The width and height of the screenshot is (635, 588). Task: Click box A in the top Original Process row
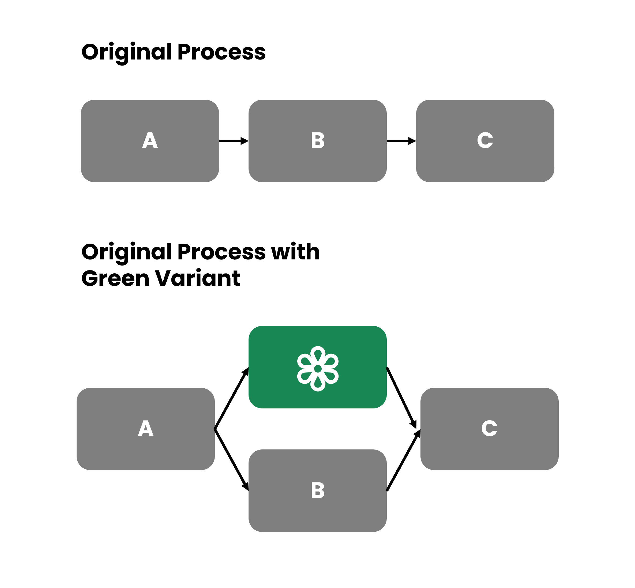(150, 141)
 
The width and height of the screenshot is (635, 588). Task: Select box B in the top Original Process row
(317, 141)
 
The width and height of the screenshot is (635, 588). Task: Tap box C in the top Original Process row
(485, 141)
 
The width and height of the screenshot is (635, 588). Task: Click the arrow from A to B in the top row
(233, 141)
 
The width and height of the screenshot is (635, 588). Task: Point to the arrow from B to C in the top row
(401, 141)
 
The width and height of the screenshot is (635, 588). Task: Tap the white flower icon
(318, 369)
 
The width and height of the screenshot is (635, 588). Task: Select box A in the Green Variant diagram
(146, 429)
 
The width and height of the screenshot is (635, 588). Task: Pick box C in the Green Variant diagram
(489, 429)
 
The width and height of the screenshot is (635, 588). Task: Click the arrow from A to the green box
(231, 398)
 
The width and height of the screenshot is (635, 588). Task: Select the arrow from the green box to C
(401, 398)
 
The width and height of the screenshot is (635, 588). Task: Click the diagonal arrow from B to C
(403, 460)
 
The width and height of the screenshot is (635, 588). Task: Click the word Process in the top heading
(221, 52)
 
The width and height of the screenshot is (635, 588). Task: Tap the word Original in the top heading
(127, 53)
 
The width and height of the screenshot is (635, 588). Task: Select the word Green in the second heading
(115, 278)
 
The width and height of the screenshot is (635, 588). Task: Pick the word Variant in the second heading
(198, 278)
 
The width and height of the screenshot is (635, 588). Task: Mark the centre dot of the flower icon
(318, 369)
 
